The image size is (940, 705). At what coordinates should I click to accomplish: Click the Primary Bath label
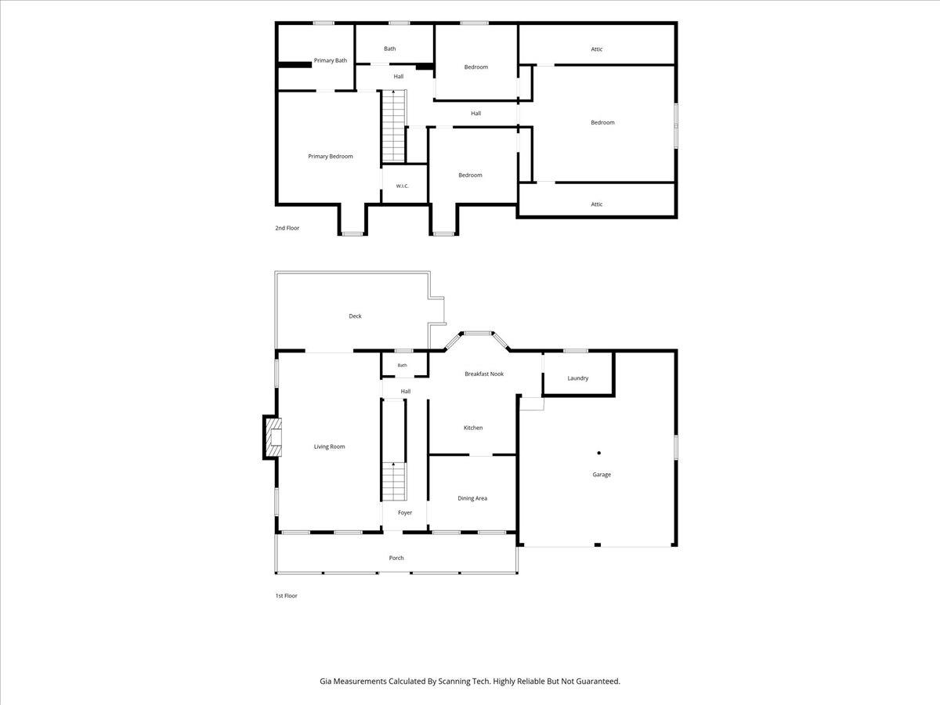(331, 60)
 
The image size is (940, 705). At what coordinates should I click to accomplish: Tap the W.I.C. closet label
(402, 186)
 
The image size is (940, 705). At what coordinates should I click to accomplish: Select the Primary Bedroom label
(331, 156)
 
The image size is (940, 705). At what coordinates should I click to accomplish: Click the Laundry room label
(577, 378)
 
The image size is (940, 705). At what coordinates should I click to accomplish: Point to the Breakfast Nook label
(484, 374)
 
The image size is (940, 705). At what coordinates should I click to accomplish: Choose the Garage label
(602, 474)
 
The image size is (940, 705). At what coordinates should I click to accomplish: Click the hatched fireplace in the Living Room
(274, 437)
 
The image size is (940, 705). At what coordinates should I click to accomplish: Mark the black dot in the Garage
(598, 453)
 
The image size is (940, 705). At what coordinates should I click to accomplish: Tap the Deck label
(355, 316)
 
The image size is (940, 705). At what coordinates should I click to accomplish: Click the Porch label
(396, 558)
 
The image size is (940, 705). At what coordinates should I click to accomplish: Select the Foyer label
(405, 512)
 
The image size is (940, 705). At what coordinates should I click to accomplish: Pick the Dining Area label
(472, 498)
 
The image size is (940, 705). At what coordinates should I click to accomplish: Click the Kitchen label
(473, 428)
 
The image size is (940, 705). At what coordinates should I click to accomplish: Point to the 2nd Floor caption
(287, 228)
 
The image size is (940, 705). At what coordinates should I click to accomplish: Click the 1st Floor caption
(286, 595)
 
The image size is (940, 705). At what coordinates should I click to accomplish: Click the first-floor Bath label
(402, 365)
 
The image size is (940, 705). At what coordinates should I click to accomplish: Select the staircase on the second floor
(393, 126)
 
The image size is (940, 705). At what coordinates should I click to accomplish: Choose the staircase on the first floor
(393, 481)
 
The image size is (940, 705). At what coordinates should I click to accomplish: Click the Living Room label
(329, 446)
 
